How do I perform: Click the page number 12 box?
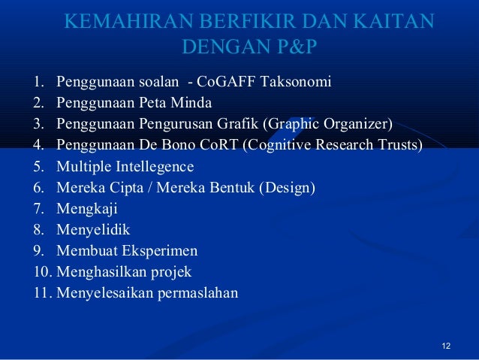coord(447,346)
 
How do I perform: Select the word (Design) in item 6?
coord(287,187)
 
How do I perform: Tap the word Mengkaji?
coord(86,209)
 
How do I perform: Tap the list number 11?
coord(41,293)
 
